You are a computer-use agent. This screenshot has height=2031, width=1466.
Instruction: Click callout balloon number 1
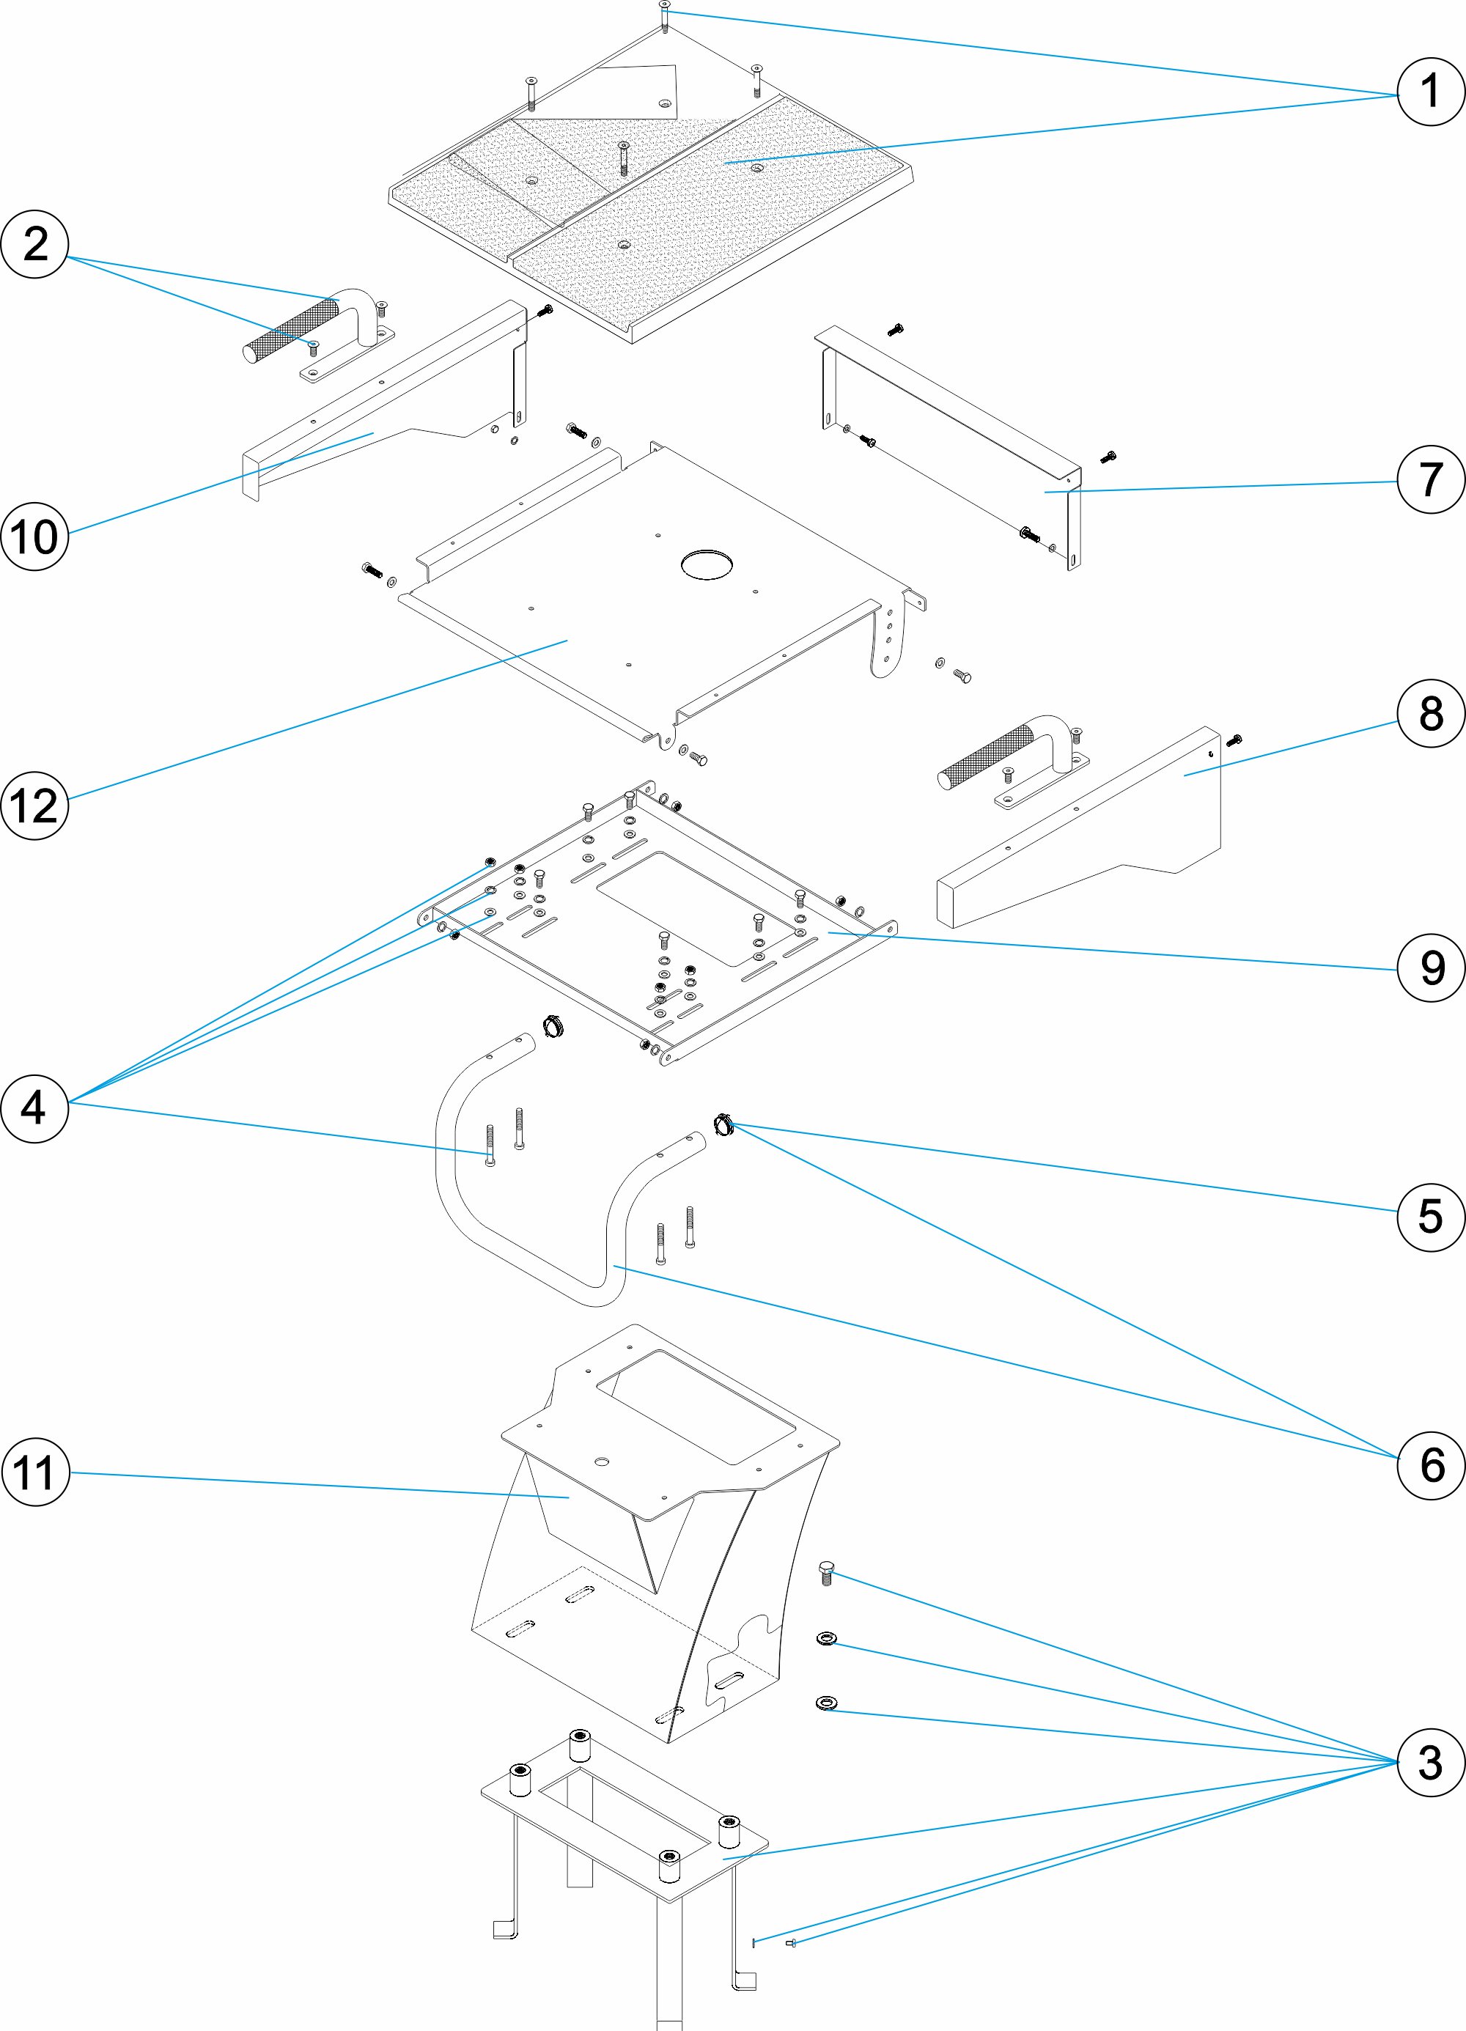(1430, 92)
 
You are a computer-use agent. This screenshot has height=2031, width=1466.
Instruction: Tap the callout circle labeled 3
(1430, 1761)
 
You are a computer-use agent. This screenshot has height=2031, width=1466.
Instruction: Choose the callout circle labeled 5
(1430, 1216)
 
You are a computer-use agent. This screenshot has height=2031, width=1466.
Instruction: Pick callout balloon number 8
(1430, 713)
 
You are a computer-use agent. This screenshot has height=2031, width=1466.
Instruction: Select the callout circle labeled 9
(1430, 967)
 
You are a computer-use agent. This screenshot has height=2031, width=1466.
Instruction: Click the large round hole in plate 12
(707, 564)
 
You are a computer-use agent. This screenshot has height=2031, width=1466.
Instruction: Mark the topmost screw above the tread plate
(663, 12)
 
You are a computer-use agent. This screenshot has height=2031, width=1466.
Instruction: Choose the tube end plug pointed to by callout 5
(723, 1124)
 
